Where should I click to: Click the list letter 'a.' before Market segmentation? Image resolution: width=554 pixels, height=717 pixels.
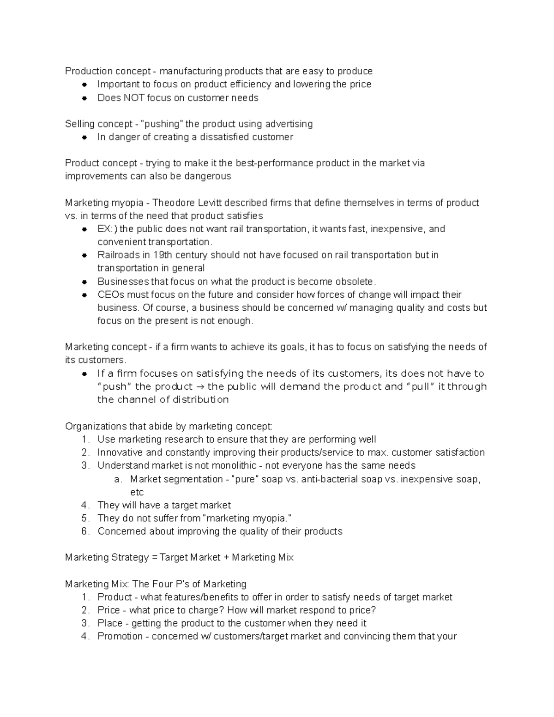point(118,479)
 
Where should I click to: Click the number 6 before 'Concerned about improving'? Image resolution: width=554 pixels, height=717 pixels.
point(84,531)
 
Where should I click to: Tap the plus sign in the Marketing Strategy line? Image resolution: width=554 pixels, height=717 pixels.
point(226,557)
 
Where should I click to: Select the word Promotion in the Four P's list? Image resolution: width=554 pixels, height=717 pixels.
point(120,636)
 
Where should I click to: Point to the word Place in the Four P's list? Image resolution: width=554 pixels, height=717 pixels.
point(110,623)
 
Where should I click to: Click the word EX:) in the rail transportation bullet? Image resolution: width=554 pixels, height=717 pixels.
point(107,229)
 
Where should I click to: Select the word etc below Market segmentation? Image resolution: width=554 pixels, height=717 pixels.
point(137,492)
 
